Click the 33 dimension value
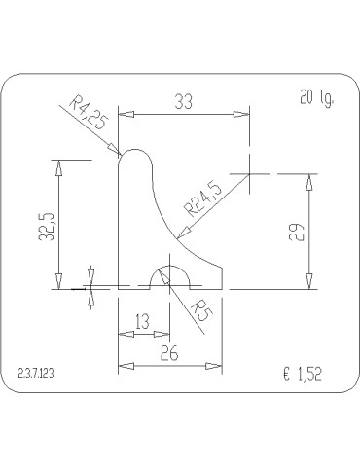point(184,101)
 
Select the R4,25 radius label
point(88,112)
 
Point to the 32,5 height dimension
point(46,227)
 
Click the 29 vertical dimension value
point(297,232)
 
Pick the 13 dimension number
point(142,321)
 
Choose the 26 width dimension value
point(169,353)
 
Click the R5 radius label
point(201,310)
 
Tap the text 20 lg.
point(316,97)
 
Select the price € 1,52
point(303,375)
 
